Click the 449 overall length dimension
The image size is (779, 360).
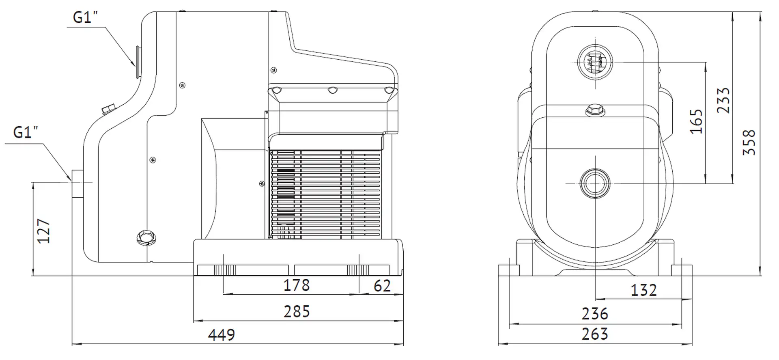coord(222,335)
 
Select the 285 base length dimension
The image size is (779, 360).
coord(297,312)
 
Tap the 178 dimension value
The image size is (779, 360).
coord(297,285)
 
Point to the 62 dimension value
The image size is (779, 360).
coord(382,286)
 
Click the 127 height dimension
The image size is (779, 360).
coord(44,231)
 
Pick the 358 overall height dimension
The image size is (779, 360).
coord(749,142)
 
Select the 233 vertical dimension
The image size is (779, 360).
coord(723,100)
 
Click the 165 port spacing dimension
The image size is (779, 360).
coord(696,121)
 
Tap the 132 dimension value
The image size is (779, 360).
coord(643,290)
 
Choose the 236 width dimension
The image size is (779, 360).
coord(595,314)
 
